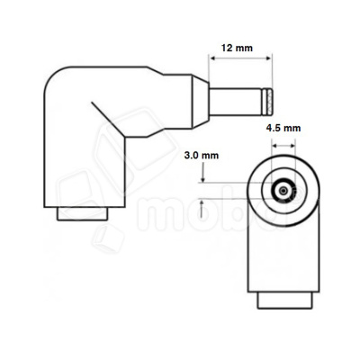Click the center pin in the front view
[283, 191]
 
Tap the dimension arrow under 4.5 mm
[283, 144]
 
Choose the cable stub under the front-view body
[283, 299]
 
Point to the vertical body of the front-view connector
[283, 252]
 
